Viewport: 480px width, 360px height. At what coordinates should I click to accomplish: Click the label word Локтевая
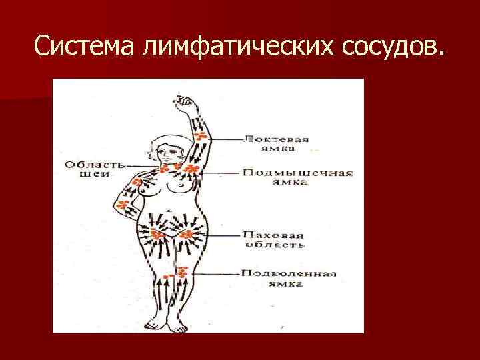[x=276, y=139]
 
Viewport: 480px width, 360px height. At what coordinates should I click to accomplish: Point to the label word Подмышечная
[x=297, y=173]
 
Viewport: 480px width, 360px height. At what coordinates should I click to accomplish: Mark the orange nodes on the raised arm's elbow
[x=201, y=137]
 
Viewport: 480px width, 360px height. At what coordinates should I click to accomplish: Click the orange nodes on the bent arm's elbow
[x=123, y=204]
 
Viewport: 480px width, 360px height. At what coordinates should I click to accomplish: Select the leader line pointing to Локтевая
[x=226, y=139]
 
